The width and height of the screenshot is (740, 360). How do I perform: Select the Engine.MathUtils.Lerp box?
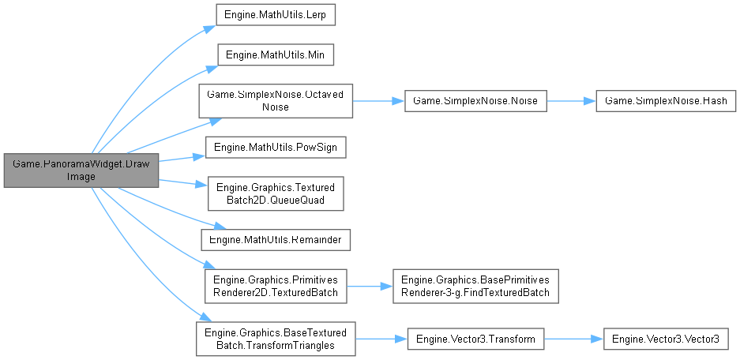(x=274, y=14)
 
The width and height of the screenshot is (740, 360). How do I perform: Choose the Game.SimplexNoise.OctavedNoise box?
(x=276, y=100)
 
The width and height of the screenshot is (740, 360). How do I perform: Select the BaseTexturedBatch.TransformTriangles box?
(x=276, y=338)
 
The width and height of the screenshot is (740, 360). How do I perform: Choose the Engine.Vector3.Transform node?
(x=475, y=338)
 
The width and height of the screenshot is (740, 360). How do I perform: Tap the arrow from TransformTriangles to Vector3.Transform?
(x=381, y=338)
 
